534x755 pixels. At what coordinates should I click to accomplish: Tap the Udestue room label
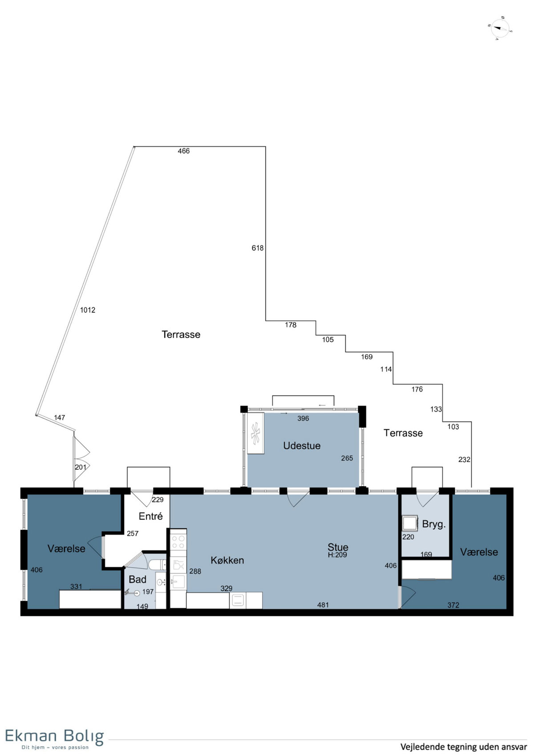click(x=302, y=446)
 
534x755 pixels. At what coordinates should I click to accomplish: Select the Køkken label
click(x=227, y=560)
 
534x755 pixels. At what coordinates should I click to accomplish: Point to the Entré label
click(x=151, y=516)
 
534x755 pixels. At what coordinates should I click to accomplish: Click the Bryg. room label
click(x=434, y=525)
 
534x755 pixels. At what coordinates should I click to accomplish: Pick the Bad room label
click(x=138, y=579)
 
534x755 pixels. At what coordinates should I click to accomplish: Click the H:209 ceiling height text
click(x=337, y=555)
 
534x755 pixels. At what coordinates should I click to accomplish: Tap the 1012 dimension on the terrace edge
click(x=88, y=310)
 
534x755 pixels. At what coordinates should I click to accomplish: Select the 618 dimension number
click(x=258, y=248)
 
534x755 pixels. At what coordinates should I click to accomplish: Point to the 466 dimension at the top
click(x=184, y=151)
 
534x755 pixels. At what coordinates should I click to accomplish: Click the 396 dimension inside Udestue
click(x=303, y=418)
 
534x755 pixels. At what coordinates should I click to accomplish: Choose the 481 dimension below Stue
click(x=323, y=605)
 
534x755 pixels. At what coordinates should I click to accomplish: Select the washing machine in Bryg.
click(x=410, y=524)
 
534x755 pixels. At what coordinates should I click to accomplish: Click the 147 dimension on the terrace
click(x=60, y=418)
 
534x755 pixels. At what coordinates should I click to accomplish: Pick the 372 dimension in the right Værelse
click(x=453, y=605)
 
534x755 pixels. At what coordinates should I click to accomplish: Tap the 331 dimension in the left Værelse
click(x=76, y=586)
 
